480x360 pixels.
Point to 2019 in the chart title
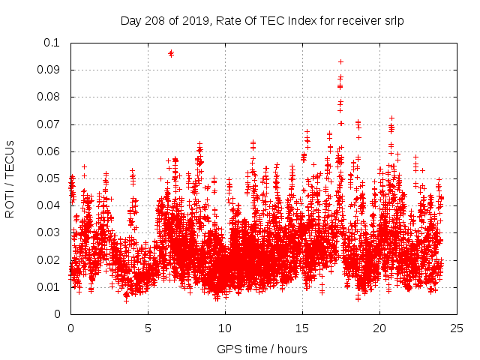[x=193, y=21]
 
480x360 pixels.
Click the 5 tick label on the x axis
[x=148, y=328]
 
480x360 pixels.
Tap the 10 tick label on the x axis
[x=225, y=328]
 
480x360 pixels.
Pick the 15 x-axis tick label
[x=302, y=328]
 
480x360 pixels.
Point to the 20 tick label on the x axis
[x=379, y=328]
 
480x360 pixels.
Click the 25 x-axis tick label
[x=457, y=328]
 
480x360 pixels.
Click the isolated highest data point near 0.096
[x=171, y=53]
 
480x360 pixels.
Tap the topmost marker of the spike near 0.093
[x=340, y=61]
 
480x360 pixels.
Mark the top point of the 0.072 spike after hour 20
[x=391, y=118]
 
